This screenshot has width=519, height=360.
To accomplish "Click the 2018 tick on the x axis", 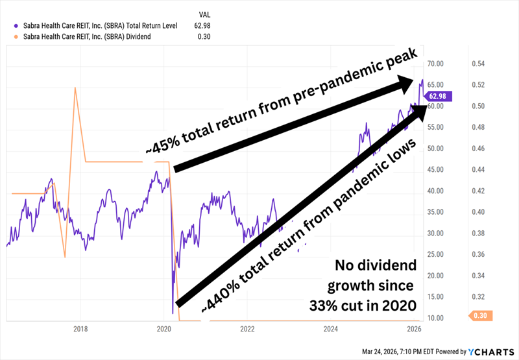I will [81, 330].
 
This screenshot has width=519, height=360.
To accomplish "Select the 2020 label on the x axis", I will [165, 330].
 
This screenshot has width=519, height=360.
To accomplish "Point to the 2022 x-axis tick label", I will [248, 330].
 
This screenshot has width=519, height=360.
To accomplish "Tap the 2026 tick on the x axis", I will [415, 330].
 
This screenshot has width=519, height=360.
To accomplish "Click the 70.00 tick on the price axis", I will [439, 64].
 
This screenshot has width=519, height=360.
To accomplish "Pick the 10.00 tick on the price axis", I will [439, 318].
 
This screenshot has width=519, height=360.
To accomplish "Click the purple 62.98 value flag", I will [438, 96].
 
